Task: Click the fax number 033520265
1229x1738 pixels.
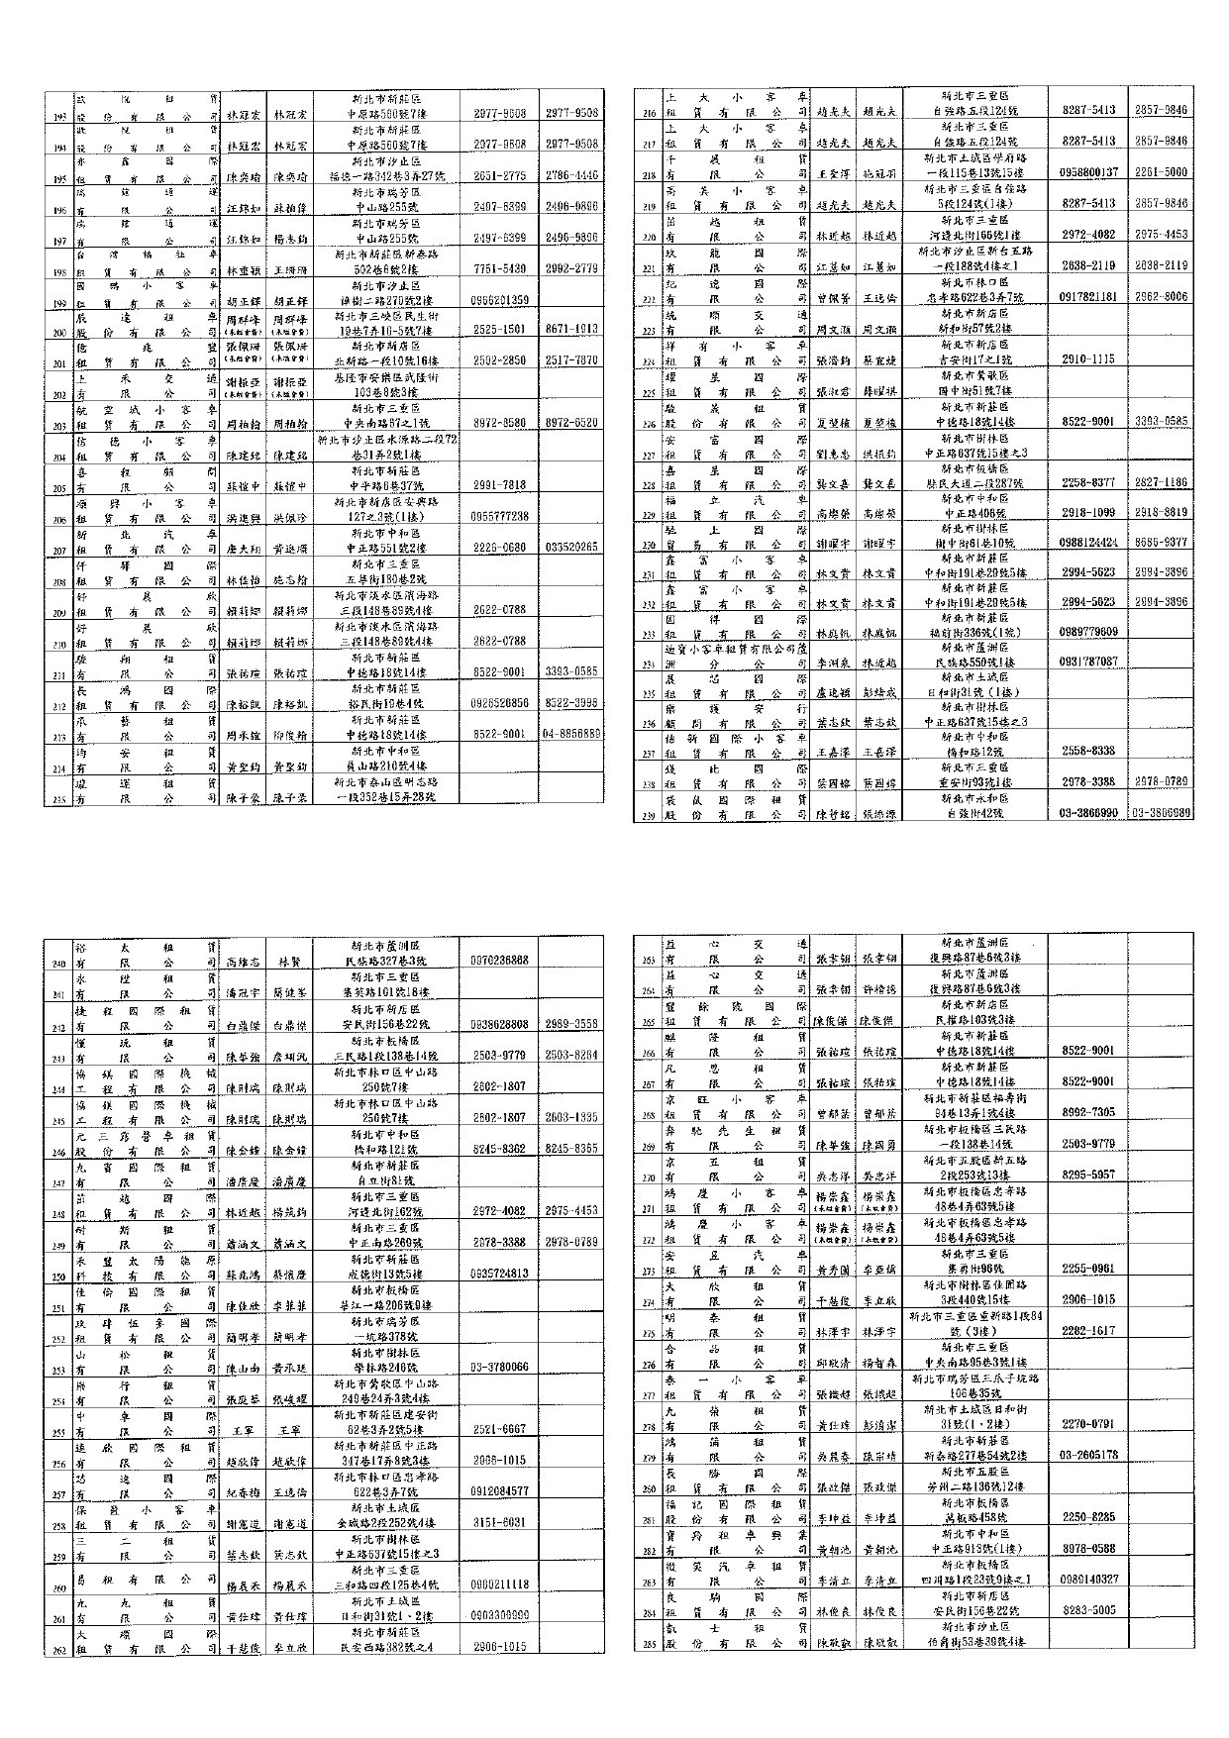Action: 571,547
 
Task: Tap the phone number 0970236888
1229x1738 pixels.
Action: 500,961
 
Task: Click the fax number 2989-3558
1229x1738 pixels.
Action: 571,1023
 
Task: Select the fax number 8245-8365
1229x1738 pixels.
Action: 571,1149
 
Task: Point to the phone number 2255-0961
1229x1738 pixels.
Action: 1088,1268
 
